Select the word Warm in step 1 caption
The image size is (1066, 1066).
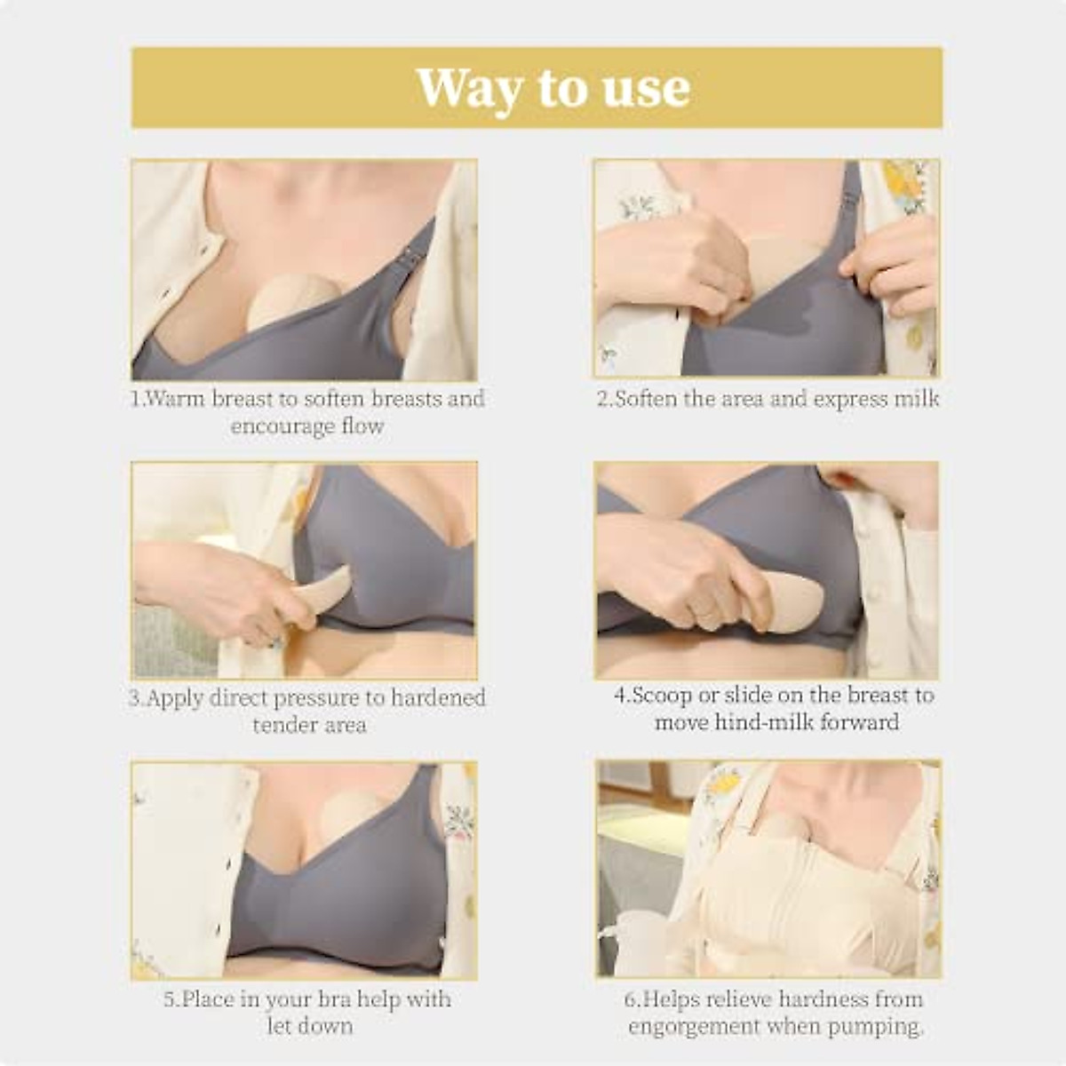174,399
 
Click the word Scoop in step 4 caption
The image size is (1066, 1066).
663,695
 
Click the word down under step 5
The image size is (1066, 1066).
325,1026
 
